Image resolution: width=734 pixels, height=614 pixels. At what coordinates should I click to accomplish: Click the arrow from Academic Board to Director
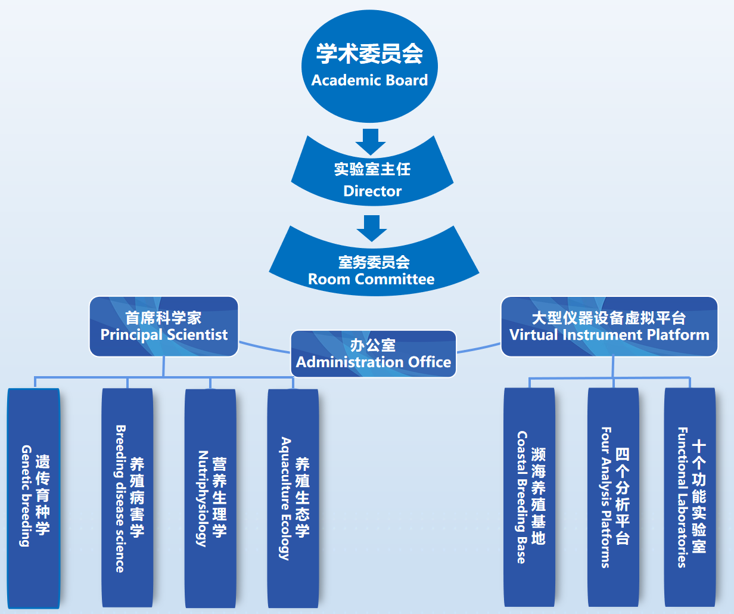[x=371, y=140]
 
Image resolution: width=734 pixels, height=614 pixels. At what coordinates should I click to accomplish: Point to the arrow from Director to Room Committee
[x=372, y=228]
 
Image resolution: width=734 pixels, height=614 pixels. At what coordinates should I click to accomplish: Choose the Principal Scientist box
[x=164, y=327]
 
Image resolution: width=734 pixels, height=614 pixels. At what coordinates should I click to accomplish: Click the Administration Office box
[x=374, y=354]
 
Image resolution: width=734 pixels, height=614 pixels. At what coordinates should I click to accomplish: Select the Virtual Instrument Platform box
[x=609, y=327]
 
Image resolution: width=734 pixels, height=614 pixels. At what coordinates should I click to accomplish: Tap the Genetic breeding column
[x=33, y=498]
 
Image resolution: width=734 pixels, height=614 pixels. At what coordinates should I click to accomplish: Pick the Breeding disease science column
[x=127, y=498]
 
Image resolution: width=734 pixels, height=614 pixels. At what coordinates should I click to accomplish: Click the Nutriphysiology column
[x=210, y=498]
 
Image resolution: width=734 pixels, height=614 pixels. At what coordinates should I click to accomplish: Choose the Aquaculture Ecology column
[x=293, y=498]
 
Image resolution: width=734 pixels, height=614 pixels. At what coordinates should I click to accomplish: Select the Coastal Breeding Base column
[x=529, y=498]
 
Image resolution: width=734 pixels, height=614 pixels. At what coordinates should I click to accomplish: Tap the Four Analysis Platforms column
[x=613, y=498]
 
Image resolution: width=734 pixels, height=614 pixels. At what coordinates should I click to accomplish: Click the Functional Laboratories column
[x=690, y=498]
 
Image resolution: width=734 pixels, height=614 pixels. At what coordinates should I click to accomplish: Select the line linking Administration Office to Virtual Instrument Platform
[x=478, y=348]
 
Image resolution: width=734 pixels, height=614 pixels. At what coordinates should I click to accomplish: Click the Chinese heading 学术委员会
[x=369, y=54]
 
